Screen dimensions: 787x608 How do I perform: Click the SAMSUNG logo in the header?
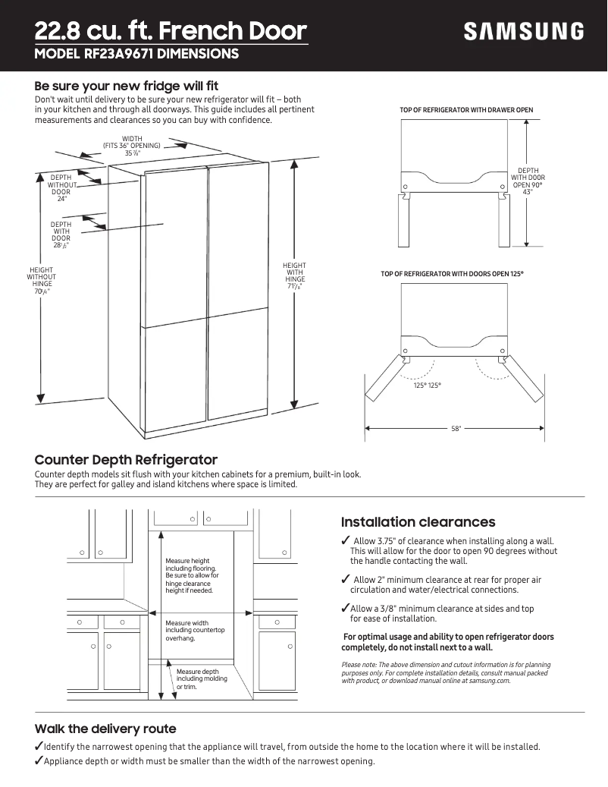click(524, 32)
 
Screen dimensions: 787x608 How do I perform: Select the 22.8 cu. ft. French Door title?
click(171, 31)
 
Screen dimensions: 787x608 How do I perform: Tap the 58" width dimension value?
click(456, 429)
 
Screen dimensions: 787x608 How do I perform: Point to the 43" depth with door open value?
click(528, 192)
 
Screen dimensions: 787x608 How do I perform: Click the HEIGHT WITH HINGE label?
click(295, 275)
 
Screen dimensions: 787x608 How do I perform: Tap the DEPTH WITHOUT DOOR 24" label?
click(61, 187)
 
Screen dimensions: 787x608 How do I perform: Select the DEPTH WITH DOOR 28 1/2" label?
click(61, 235)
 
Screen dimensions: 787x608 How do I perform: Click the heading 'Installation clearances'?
click(418, 522)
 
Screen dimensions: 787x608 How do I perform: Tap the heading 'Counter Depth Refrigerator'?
click(126, 460)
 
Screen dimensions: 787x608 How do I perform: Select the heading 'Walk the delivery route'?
click(105, 729)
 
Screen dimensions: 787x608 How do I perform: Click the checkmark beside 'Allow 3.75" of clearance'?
click(346, 540)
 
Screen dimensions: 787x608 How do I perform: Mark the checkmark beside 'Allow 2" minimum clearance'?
click(346, 580)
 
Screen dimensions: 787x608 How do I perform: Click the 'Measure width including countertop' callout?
click(195, 631)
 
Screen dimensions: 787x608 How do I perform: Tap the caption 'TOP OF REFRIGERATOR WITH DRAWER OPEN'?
click(466, 110)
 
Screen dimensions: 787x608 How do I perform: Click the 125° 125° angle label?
click(427, 386)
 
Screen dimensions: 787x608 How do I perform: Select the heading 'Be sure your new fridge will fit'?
click(127, 86)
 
